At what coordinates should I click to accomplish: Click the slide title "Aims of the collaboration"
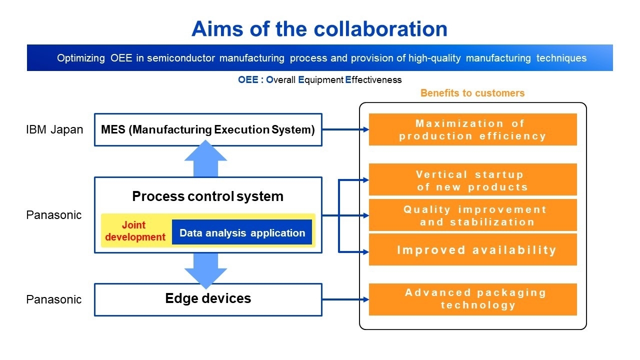coord(319,29)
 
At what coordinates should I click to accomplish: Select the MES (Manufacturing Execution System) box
coord(208,130)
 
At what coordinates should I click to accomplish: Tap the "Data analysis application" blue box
coord(242,233)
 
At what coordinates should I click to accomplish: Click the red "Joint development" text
coord(135,231)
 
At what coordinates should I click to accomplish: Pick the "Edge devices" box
coord(208,299)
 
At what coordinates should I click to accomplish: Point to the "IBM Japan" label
coord(54,130)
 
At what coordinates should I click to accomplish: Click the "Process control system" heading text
coord(207,196)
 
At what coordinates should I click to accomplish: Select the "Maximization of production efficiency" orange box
coord(472,129)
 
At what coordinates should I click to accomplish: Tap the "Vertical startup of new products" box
coord(472,180)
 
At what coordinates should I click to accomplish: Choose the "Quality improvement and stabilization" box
coord(472,215)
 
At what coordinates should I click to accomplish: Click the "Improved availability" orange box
coord(472,250)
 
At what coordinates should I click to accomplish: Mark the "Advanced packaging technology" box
coord(472,299)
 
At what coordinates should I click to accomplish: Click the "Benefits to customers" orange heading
coord(472,93)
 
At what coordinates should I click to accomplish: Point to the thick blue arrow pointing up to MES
coord(205,159)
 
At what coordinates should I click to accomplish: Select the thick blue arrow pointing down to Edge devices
coord(205,270)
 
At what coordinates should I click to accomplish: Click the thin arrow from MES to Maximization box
coord(345,129)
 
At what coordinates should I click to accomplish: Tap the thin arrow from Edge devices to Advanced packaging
coord(345,299)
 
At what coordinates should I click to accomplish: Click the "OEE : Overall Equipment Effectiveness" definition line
coord(319,80)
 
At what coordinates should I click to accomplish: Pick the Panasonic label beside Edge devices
coord(53,299)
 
